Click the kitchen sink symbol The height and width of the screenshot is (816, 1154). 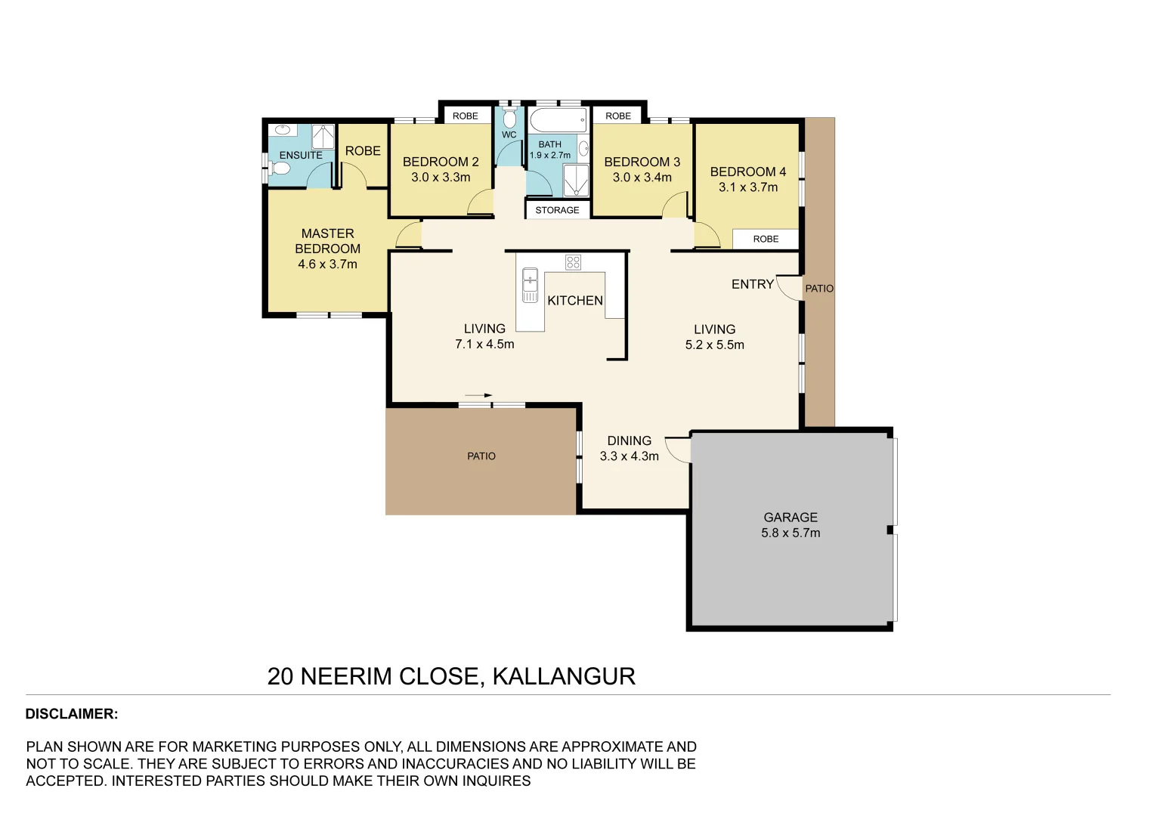pos(531,284)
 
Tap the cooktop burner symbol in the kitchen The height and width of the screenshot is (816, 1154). pos(573,262)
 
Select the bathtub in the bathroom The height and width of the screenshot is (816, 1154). pos(558,120)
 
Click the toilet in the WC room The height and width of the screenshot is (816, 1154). pos(509,119)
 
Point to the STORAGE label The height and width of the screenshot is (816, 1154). pos(557,210)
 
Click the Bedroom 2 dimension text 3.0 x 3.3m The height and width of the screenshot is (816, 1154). pos(441,178)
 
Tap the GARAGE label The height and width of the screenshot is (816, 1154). pos(790,518)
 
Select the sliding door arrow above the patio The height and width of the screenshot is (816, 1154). pos(478,395)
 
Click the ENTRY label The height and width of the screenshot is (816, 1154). pos(752,284)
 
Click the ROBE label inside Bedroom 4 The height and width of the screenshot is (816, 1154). pos(766,239)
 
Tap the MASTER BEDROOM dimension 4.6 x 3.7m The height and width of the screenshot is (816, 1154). pos(327,264)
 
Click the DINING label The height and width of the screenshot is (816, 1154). pos(629,440)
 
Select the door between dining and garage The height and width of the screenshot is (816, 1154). pos(678,449)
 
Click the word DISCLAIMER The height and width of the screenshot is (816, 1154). pos(72,714)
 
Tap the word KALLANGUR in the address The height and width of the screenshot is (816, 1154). pos(564,676)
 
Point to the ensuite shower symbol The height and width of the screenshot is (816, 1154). pos(323,137)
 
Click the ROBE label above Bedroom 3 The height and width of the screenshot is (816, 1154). pos(618,116)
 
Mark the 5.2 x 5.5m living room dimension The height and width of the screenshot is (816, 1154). pos(714,345)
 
